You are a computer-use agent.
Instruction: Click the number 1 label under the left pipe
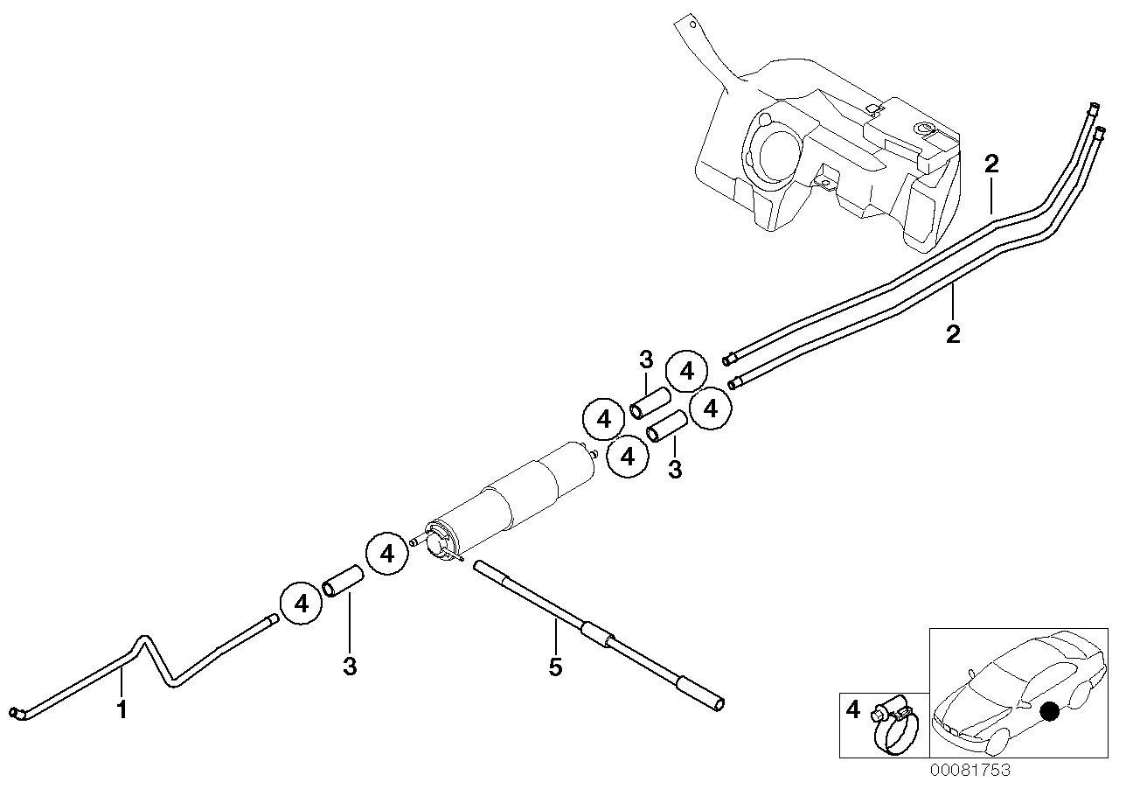pos(122,709)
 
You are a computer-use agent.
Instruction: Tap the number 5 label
pos(556,667)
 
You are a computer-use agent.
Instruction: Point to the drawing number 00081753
pos(970,771)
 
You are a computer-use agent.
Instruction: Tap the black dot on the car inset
pos(1050,713)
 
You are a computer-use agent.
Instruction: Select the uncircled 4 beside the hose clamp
pos(854,709)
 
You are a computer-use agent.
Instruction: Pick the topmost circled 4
pos(687,372)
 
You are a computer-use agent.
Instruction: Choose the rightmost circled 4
pos(711,408)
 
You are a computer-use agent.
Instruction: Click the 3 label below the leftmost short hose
pos(350,667)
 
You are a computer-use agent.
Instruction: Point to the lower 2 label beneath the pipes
pos(954,333)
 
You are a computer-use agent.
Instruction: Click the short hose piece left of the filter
pos(343,581)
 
